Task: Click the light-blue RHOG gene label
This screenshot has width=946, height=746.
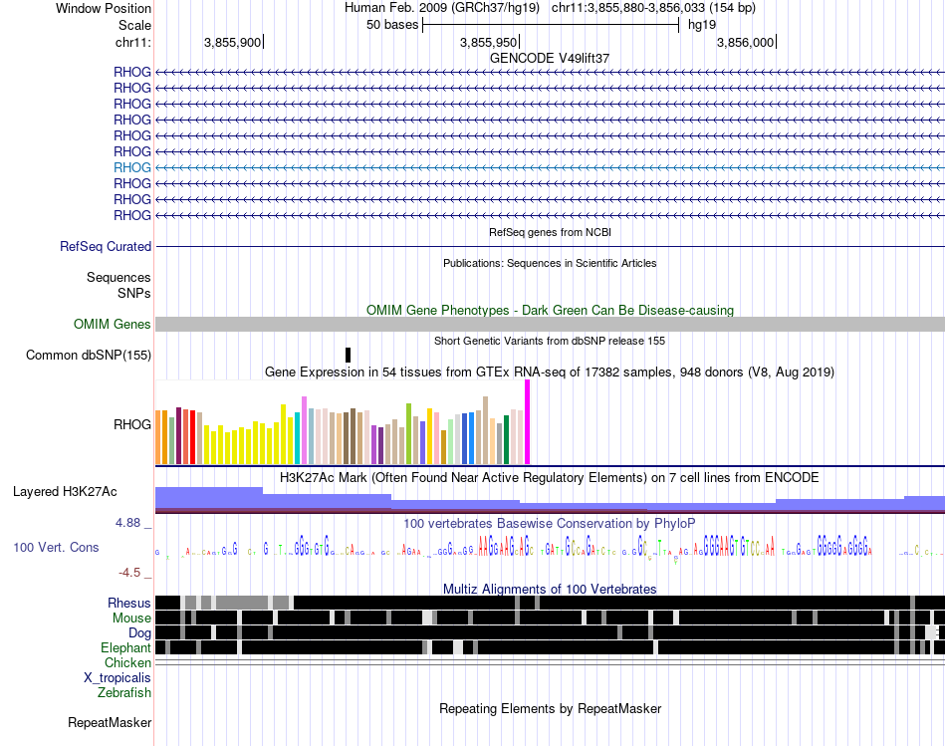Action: [132, 167]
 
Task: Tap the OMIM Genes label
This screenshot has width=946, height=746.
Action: [113, 324]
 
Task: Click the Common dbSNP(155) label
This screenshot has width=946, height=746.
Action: [89, 355]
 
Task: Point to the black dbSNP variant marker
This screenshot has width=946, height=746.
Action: [348, 355]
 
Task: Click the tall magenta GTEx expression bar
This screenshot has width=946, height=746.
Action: [527, 421]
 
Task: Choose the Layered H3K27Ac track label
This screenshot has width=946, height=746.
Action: [65, 491]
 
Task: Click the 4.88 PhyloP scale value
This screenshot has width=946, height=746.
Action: [132, 522]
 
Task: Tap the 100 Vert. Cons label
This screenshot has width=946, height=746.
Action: [56, 547]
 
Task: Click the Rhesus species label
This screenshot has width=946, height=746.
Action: [129, 603]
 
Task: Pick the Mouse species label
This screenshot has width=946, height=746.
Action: [131, 618]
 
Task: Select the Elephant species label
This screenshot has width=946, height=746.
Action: [125, 647]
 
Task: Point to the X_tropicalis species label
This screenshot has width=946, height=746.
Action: [118, 677]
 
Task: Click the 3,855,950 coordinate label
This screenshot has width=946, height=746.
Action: [489, 42]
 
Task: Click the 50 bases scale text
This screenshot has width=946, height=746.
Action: [392, 24]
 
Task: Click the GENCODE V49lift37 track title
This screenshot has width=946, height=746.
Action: [550, 58]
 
